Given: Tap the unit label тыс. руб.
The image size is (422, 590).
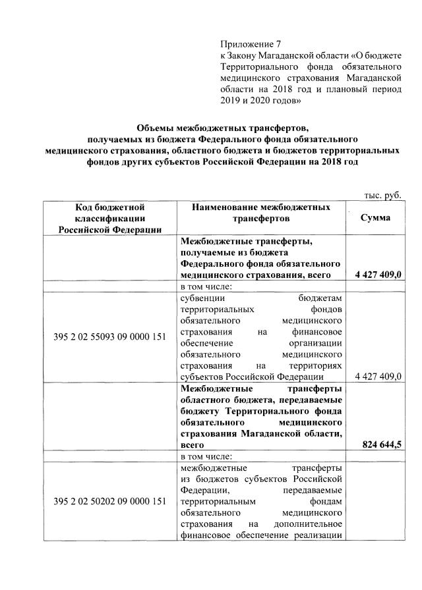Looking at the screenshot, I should click(x=382, y=195).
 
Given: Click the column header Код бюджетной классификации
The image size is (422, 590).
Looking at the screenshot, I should click(x=109, y=218).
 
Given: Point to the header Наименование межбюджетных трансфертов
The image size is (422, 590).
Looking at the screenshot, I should click(x=260, y=213).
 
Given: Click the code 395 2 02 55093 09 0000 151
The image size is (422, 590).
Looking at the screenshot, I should click(x=109, y=338).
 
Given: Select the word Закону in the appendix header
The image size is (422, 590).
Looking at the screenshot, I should click(x=245, y=56).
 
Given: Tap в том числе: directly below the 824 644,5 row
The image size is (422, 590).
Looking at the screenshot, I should click(x=206, y=456).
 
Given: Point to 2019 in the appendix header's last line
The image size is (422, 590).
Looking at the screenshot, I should click(x=229, y=102).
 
